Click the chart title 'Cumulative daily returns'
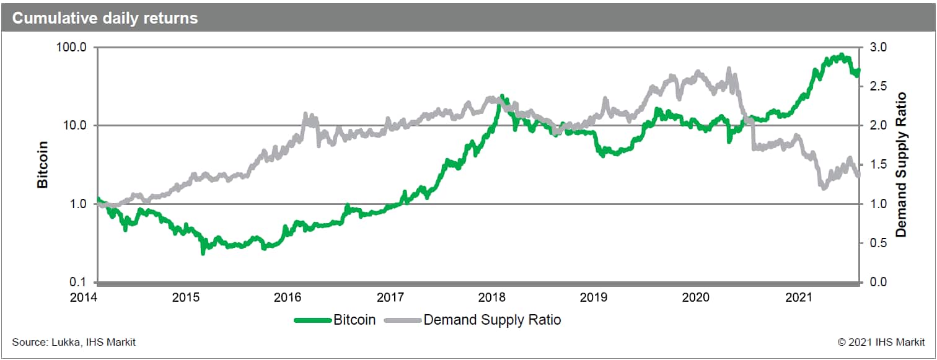tap(105, 18)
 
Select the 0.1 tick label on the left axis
tap(79, 283)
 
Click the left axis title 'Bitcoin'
tap(43, 164)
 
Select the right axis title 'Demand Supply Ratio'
tap(902, 164)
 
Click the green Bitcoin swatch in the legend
tap(312, 320)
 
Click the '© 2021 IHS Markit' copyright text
tap(881, 342)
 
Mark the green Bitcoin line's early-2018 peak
tap(501, 96)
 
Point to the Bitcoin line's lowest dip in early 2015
tap(203, 252)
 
